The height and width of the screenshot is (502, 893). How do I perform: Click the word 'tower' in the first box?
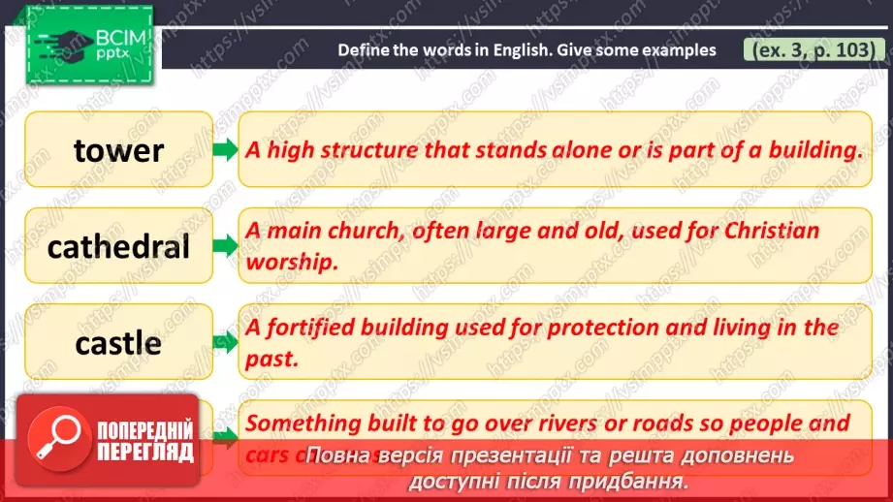click(118, 150)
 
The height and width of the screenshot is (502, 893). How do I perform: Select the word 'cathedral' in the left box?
click(118, 246)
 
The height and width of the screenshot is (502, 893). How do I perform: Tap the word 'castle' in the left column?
click(118, 342)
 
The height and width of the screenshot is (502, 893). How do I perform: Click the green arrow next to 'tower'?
click(225, 150)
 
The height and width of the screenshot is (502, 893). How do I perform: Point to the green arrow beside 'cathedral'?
click(225, 246)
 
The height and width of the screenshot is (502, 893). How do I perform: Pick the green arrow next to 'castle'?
click(225, 342)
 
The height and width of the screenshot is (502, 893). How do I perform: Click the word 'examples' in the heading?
click(678, 49)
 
